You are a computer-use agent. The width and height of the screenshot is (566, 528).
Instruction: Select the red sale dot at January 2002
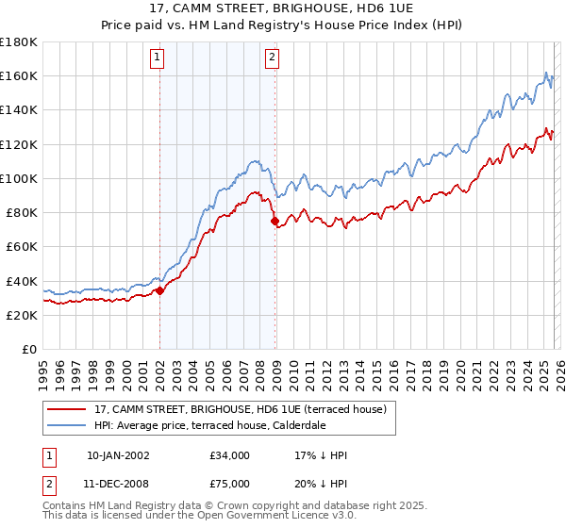tap(159, 290)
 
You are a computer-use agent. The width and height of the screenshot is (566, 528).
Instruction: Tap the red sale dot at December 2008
tap(275, 222)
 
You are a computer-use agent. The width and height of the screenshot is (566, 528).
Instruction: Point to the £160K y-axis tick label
tap(19, 75)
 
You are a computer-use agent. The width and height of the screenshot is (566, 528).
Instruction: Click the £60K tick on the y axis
tap(22, 247)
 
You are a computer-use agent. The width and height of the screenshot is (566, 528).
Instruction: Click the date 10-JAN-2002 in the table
tap(118, 455)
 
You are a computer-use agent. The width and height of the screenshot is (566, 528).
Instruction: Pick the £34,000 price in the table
tap(230, 455)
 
